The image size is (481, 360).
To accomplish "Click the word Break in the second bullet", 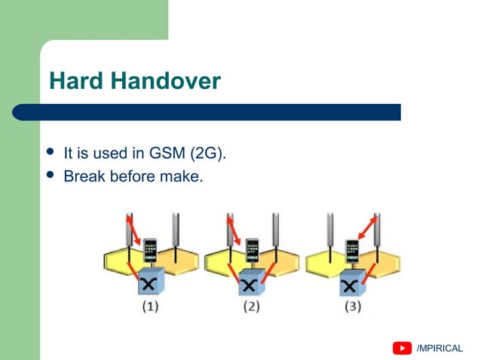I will click(84, 177).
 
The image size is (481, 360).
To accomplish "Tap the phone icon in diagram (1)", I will click(151, 249).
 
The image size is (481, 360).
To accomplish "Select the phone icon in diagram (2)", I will click(252, 249).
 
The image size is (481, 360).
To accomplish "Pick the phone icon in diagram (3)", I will click(352, 249).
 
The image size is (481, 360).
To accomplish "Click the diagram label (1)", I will click(149, 308).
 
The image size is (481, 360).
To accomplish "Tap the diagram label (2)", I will click(252, 308).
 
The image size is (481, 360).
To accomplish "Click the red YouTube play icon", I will click(402, 348).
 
